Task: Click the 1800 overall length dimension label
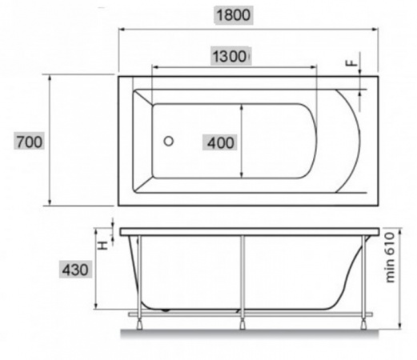pos(233,15)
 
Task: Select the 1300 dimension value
pos(230,57)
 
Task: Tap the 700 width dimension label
pos(30,142)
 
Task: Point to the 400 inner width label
pos(221,143)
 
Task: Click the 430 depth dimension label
pos(75,270)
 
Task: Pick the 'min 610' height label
pos(390,258)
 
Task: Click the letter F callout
pos(351,63)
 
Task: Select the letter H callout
pos(103,245)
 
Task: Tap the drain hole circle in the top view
pos(169,141)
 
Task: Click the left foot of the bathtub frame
pos(139,325)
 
